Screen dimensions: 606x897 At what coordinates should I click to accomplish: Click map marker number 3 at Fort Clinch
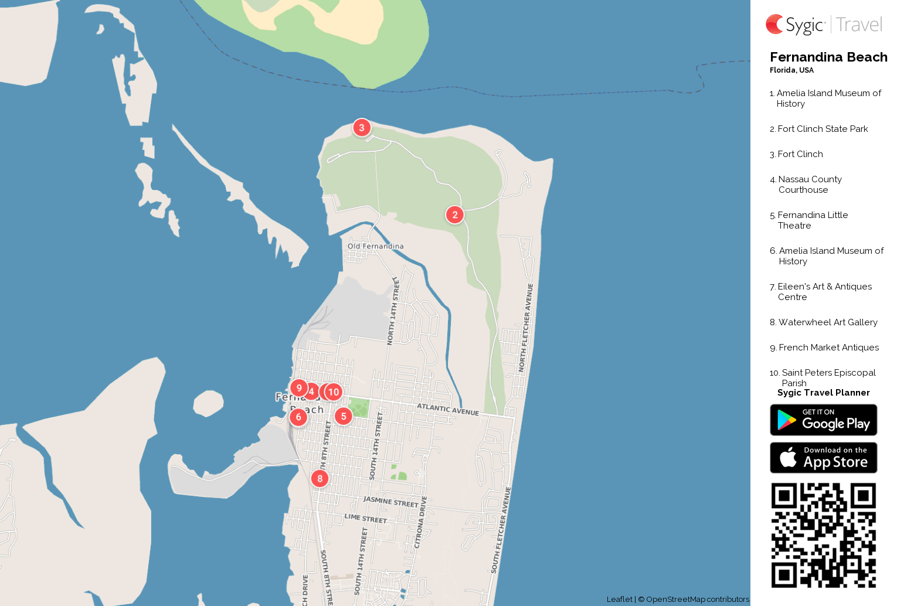(362, 127)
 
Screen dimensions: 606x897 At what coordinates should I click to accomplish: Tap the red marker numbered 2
(455, 215)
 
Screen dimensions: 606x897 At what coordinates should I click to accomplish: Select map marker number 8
(320, 478)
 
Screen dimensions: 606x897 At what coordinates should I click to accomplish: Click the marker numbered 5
(344, 416)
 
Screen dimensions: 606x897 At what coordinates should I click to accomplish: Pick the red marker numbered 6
(298, 417)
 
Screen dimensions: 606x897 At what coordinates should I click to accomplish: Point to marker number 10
(334, 391)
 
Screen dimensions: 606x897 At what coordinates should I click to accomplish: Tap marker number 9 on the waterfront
(298, 388)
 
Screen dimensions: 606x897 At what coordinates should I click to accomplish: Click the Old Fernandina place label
(375, 246)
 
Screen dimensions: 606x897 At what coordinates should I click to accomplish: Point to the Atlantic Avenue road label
(448, 409)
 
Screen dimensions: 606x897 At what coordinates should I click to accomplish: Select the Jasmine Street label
(391, 502)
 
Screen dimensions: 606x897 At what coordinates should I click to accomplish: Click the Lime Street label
(366, 518)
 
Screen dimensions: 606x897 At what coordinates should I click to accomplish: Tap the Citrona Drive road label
(420, 522)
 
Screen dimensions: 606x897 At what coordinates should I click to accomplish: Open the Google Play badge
(823, 420)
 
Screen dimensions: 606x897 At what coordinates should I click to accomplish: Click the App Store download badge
(823, 458)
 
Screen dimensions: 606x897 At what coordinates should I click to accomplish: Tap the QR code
(823, 535)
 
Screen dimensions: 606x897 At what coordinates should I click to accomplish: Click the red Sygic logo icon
(775, 25)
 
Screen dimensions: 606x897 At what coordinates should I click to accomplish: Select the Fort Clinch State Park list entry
(823, 129)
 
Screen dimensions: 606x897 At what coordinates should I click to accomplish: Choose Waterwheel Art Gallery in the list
(827, 322)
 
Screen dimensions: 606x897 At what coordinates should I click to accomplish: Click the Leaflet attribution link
(619, 599)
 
